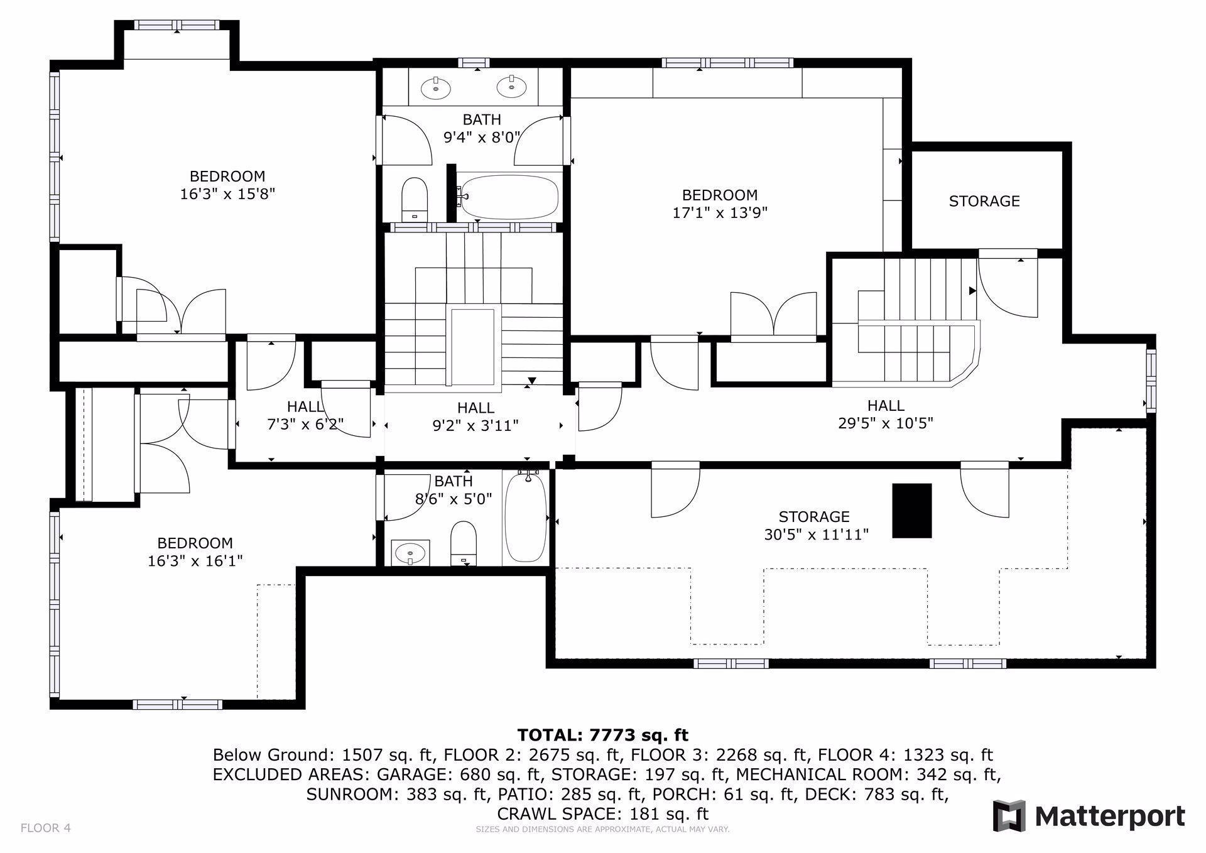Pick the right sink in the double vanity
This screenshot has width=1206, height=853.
pyautogui.click(x=511, y=87)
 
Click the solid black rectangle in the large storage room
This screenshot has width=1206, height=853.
pyautogui.click(x=912, y=510)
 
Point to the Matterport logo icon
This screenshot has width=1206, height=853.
pyautogui.click(x=1009, y=816)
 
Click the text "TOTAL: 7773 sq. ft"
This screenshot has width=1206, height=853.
pyautogui.click(x=602, y=735)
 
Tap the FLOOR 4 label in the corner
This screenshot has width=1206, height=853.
pyautogui.click(x=46, y=828)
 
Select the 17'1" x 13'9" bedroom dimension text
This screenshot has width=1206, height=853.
pyautogui.click(x=720, y=213)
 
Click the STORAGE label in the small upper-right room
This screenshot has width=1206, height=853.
pyautogui.click(x=984, y=201)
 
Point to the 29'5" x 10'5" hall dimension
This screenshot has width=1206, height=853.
pyautogui.click(x=886, y=423)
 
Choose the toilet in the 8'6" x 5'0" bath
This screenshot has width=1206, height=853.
pyautogui.click(x=464, y=542)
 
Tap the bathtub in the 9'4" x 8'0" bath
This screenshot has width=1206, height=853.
pyautogui.click(x=508, y=197)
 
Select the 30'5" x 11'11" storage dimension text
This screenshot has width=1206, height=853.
pyautogui.click(x=816, y=535)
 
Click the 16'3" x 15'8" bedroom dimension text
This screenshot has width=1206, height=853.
pyautogui.click(x=227, y=194)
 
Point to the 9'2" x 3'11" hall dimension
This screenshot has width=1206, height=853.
pyautogui.click(x=475, y=426)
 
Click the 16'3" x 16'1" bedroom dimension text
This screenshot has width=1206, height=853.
pyautogui.click(x=195, y=561)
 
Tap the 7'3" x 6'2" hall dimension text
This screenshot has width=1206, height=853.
pyautogui.click(x=305, y=425)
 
